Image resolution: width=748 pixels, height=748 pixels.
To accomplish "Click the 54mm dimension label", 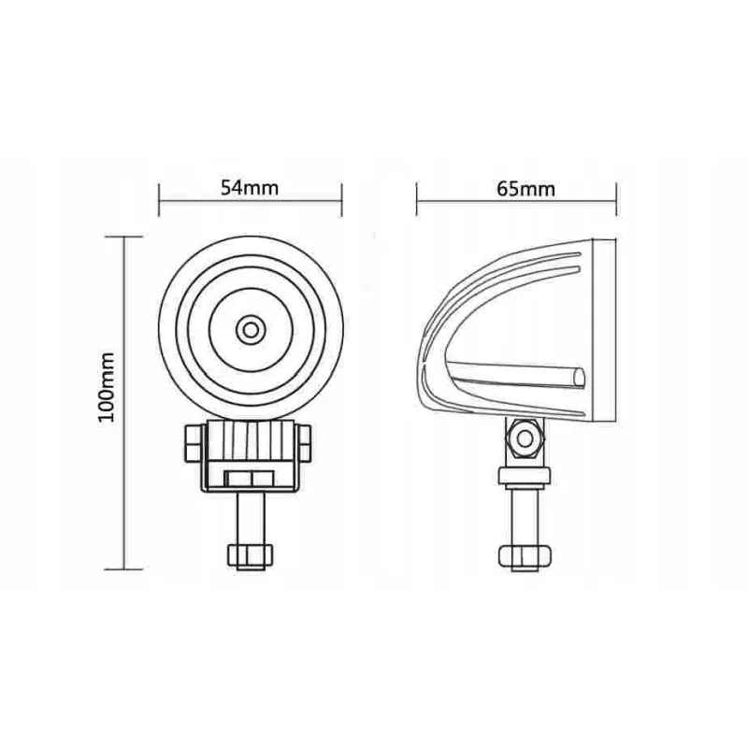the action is (x=250, y=188).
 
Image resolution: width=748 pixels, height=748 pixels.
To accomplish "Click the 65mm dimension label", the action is (x=525, y=189).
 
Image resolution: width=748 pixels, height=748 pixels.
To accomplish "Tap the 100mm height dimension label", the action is (x=107, y=387).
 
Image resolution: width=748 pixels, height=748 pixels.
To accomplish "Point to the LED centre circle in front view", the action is (x=251, y=330).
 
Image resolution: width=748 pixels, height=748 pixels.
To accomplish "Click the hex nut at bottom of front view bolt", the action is (x=251, y=556).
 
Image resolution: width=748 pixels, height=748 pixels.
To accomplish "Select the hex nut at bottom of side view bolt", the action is (x=525, y=557).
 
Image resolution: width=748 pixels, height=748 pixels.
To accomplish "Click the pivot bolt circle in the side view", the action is (x=525, y=439).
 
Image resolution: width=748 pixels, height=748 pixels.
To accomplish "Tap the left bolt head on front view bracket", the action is (x=194, y=443).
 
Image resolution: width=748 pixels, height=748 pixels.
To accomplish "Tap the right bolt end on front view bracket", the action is (x=305, y=443).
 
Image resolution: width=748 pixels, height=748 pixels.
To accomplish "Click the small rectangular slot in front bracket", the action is (x=250, y=478).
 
